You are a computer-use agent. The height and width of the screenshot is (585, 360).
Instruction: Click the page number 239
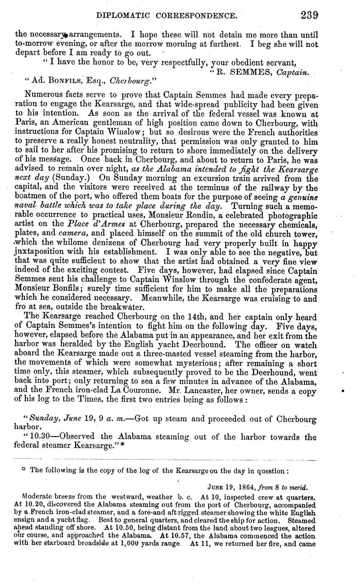point(310,15)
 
